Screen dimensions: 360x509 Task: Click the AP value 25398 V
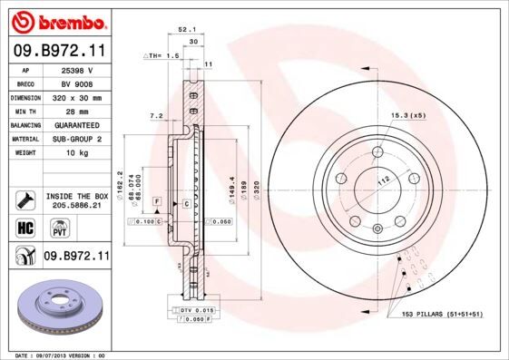[x=75, y=69]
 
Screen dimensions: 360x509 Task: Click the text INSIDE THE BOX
[x=76, y=196]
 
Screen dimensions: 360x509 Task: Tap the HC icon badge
[x=24, y=227]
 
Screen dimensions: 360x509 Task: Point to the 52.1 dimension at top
[x=187, y=30]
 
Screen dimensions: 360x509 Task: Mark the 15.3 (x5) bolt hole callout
[x=407, y=116]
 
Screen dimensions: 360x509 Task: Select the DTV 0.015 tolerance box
[x=197, y=310]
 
